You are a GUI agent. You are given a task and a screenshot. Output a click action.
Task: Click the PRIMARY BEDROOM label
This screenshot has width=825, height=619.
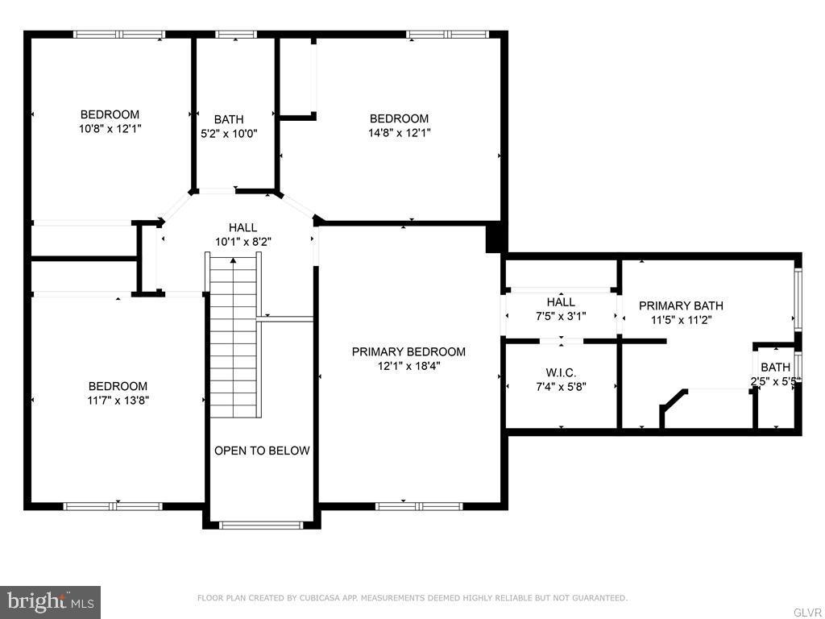[408, 351]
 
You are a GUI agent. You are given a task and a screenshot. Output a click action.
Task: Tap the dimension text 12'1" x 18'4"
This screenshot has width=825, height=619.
[408, 365]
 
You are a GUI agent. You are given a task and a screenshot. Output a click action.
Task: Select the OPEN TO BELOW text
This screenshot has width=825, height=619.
[262, 451]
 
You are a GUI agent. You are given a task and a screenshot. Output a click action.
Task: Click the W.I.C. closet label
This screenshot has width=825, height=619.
[561, 372]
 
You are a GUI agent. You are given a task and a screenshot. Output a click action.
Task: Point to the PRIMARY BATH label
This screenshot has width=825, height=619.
[681, 305]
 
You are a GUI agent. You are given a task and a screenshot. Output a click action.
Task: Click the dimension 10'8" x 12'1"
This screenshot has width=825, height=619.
[110, 128]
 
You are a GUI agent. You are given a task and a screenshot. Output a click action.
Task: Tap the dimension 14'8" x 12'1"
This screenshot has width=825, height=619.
[399, 132]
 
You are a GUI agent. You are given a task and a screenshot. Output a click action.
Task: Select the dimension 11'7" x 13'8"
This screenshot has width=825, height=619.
[118, 400]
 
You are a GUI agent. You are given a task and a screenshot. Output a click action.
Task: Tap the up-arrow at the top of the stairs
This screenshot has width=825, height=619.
[234, 260]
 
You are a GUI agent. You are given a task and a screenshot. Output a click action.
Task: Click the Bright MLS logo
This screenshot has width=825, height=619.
[50, 601]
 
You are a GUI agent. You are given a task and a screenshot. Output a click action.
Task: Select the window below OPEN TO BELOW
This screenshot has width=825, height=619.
[261, 526]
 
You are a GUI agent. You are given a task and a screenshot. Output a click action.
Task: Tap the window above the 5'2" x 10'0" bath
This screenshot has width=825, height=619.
[236, 35]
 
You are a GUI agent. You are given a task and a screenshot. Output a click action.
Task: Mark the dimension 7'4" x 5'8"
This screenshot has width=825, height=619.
[561, 386]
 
